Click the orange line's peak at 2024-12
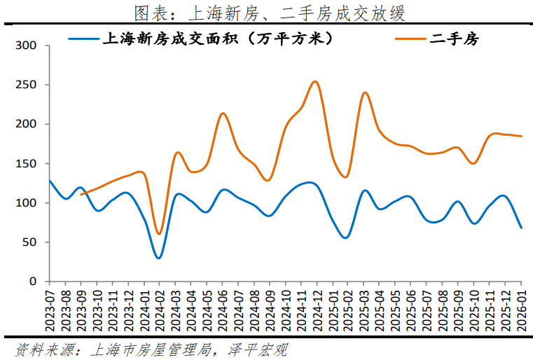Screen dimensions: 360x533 (x=315, y=81)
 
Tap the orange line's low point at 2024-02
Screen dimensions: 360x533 (x=159, y=233)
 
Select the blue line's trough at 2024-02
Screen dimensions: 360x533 (x=159, y=258)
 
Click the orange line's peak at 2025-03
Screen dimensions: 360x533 (x=365, y=92)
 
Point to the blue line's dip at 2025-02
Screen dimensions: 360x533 (x=345, y=237)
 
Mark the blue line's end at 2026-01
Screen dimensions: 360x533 (x=521, y=228)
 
